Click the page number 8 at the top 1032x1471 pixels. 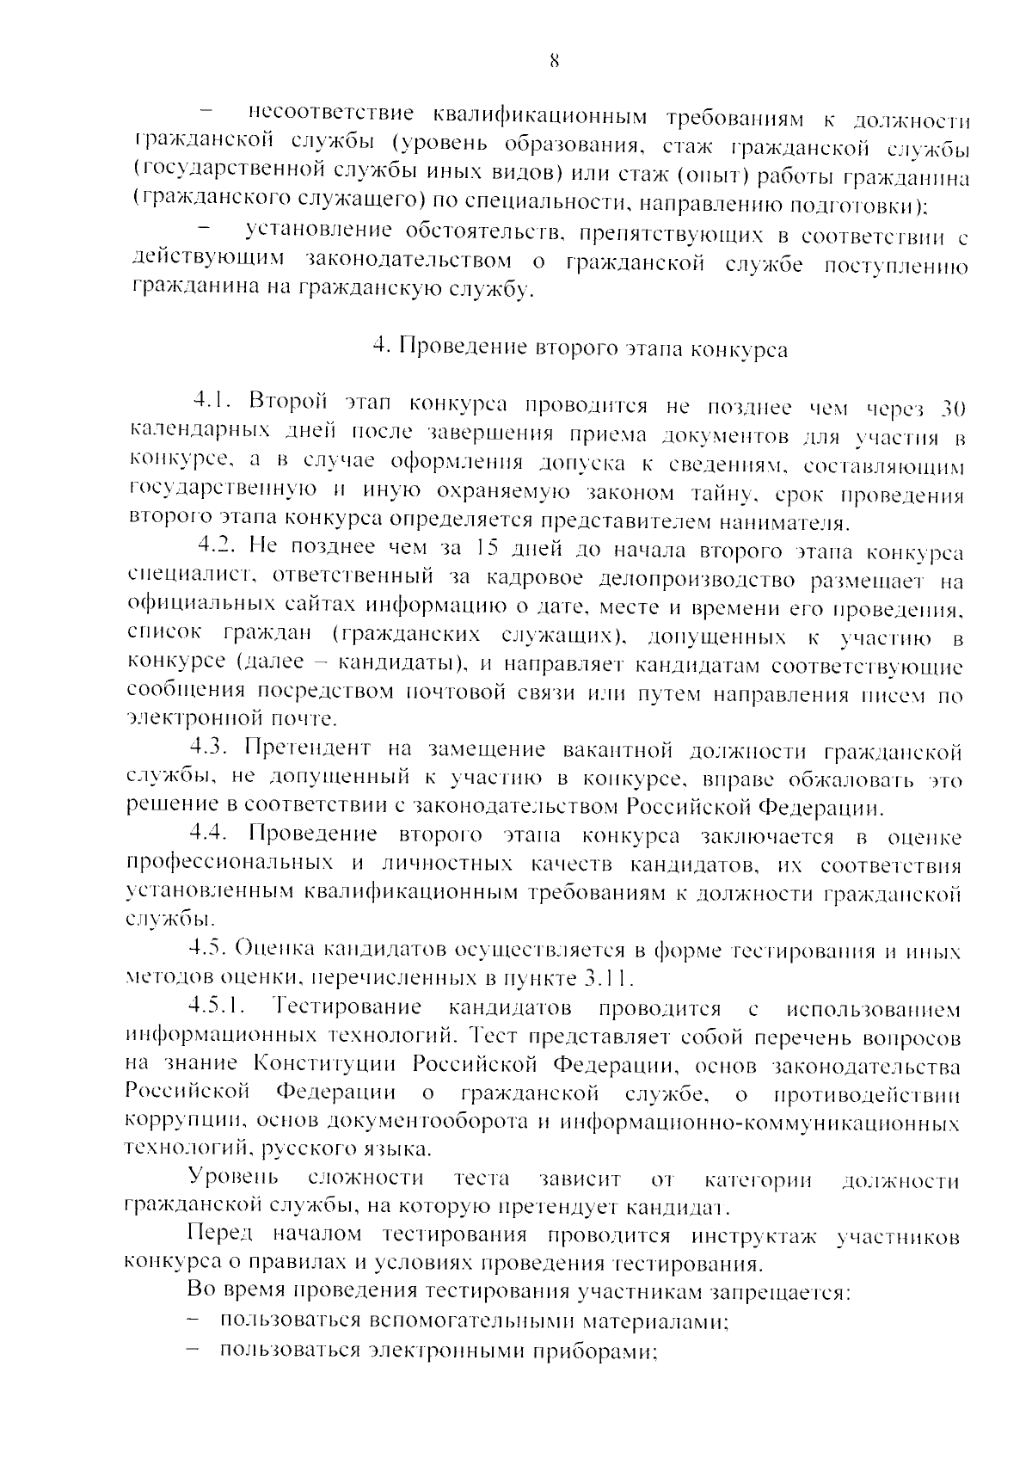pyautogui.click(x=553, y=60)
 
